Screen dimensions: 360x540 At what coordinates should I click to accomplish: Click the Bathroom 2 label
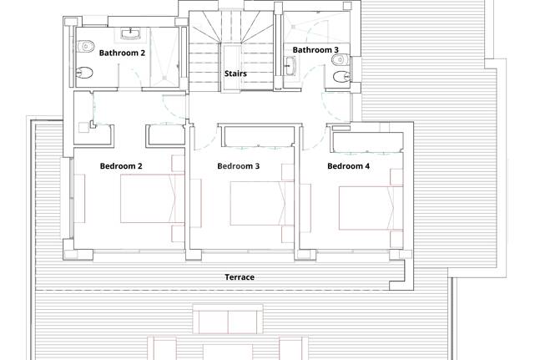point(123,53)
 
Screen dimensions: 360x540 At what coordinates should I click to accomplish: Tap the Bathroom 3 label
point(315,50)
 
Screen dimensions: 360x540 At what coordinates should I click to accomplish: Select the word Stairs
point(235,74)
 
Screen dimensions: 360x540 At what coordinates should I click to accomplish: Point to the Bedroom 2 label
point(121,166)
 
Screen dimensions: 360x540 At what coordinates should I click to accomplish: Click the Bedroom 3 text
point(239,166)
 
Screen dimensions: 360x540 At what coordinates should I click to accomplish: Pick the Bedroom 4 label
point(348,166)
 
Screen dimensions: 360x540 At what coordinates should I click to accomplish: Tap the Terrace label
point(240,277)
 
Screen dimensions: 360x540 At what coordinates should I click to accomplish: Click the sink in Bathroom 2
point(129,34)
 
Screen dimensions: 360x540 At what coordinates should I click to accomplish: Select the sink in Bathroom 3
point(291,64)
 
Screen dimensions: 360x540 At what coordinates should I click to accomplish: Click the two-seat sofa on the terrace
point(225,318)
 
